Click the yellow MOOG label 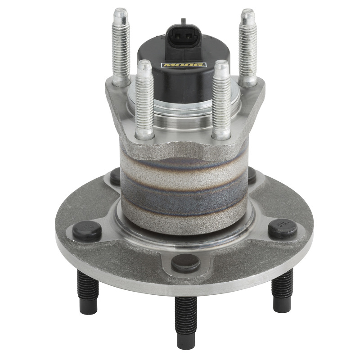tap(183, 65)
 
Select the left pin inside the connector tap(178, 36)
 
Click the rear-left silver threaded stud tap(121, 47)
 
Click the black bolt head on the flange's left tap(86, 230)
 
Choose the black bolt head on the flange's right tap(282, 228)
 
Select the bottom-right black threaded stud tap(283, 290)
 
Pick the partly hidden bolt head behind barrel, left tap(116, 176)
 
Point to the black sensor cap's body tap(183, 83)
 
